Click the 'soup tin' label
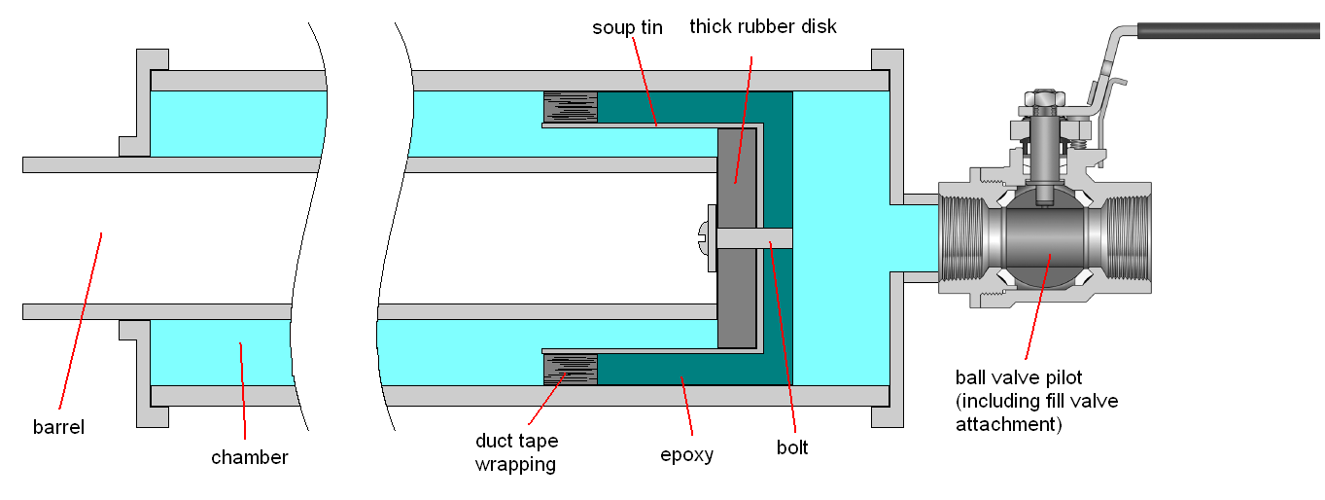pyautogui.click(x=627, y=27)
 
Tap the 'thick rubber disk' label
pyautogui.click(x=763, y=26)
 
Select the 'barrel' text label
pyautogui.click(x=58, y=427)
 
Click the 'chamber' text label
pyautogui.click(x=250, y=457)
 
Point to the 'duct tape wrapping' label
pyautogui.click(x=515, y=452)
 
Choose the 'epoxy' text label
pyautogui.click(x=686, y=454)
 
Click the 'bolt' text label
pyautogui.click(x=792, y=448)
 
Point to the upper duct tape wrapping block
pyautogui.click(x=570, y=107)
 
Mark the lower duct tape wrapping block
pyautogui.click(x=570, y=369)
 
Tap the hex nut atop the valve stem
pyautogui.click(x=1039, y=97)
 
